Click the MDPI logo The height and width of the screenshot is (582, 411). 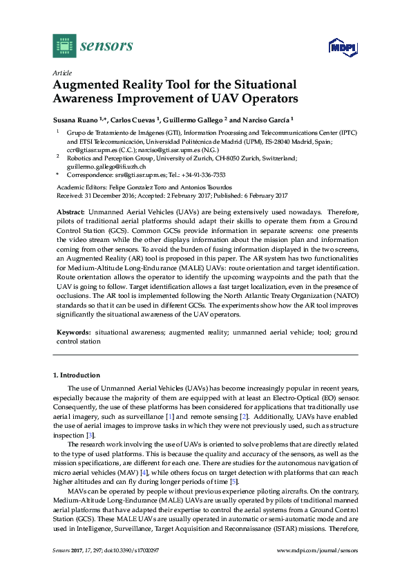[341, 46]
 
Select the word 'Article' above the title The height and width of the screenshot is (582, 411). [62, 72]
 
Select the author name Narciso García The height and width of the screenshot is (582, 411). [266, 118]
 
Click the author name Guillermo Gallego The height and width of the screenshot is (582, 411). [195, 118]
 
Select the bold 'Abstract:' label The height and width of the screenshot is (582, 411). [70, 212]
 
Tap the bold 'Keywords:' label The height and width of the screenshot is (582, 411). [73, 332]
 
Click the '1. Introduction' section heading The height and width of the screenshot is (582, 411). [76, 375]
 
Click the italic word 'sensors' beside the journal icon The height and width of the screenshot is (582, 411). [106, 46]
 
